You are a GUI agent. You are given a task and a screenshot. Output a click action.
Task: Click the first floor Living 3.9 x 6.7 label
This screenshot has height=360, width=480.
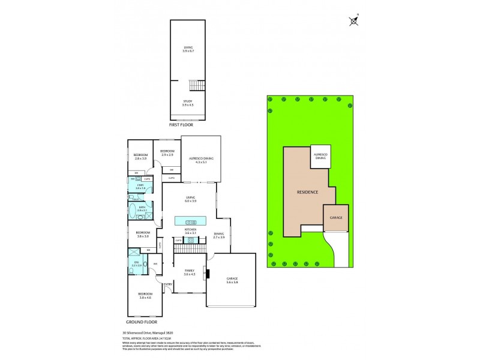(188, 49)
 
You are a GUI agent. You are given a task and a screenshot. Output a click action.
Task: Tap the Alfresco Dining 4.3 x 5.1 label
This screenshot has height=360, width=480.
(201, 159)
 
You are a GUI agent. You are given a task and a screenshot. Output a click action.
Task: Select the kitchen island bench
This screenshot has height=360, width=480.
(191, 221)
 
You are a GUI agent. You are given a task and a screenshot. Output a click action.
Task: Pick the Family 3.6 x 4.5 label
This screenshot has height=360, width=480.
(190, 273)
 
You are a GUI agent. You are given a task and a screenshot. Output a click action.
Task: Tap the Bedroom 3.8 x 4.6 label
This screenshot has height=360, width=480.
(146, 296)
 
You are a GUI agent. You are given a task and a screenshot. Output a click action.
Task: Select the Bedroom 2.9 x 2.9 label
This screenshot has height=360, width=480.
(167, 152)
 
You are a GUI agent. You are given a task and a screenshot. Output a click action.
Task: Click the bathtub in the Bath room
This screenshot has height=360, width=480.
(134, 210)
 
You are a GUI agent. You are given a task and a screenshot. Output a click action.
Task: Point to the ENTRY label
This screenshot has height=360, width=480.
(168, 284)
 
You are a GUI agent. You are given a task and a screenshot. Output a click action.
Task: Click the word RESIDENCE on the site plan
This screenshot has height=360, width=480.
(307, 192)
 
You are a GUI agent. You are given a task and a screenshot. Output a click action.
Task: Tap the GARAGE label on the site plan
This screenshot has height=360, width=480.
(336, 217)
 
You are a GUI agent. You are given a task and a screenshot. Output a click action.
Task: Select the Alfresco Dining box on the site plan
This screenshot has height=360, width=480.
(321, 157)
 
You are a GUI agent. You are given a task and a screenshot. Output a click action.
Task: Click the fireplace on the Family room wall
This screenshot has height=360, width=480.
(208, 274)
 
